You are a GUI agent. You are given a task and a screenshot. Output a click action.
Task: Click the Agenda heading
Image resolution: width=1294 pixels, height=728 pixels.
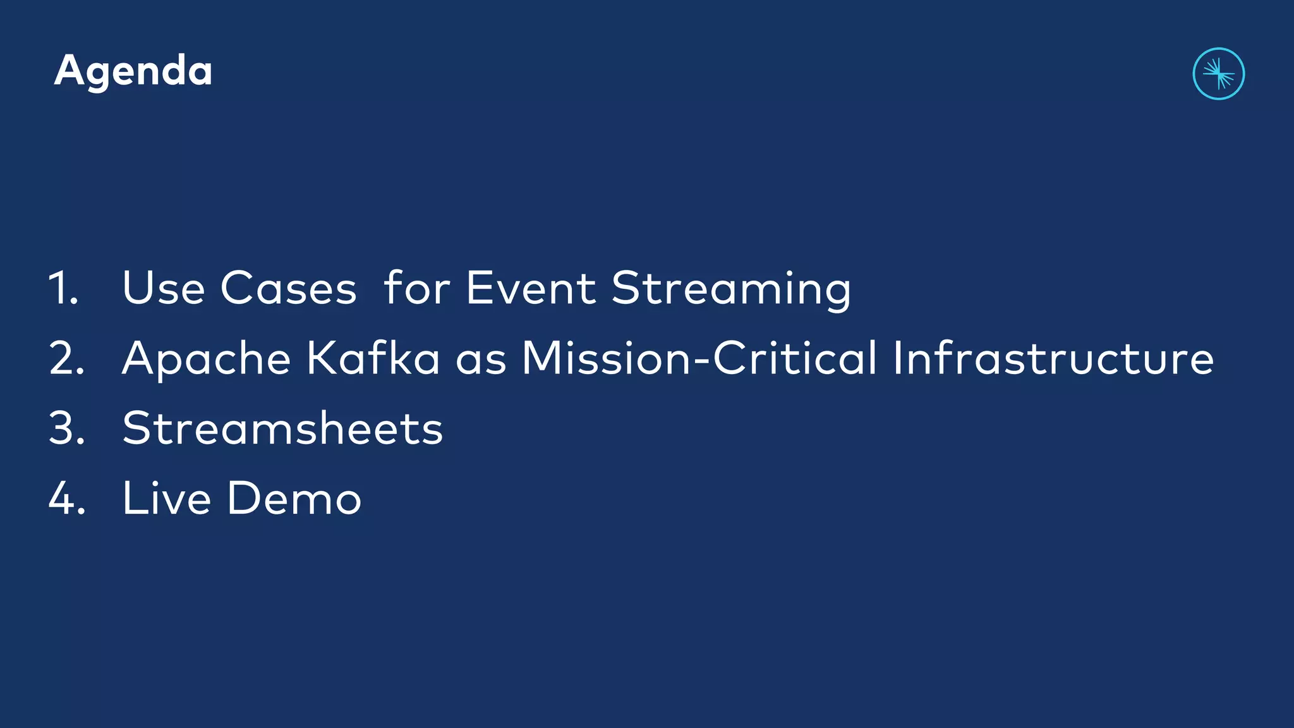click(x=133, y=71)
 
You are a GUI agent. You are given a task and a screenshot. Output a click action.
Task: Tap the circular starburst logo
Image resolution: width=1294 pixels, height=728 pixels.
click(x=1218, y=74)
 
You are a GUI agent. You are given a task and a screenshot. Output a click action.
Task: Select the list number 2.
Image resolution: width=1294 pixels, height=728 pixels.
click(x=66, y=359)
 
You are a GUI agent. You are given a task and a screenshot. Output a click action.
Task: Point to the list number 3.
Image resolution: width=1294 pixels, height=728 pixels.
click(x=66, y=428)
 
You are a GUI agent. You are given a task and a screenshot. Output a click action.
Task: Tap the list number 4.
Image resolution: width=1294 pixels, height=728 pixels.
click(x=66, y=499)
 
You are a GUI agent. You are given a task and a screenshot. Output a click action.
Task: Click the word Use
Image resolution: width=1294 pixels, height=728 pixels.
click(x=164, y=289)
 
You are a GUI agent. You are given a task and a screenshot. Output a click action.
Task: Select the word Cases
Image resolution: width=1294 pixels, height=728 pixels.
click(x=289, y=289)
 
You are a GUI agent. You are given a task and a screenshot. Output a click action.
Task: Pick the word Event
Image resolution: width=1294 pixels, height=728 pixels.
click(x=531, y=289)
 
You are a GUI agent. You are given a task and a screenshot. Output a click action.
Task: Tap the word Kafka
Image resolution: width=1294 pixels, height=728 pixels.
click(x=373, y=358)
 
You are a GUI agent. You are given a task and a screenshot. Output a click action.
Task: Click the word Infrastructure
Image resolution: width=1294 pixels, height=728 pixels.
click(x=1053, y=358)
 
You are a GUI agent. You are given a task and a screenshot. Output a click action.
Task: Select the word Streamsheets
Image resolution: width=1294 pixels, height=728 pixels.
click(x=282, y=428)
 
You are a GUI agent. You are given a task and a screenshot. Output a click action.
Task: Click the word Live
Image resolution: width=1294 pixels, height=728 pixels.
click(x=166, y=499)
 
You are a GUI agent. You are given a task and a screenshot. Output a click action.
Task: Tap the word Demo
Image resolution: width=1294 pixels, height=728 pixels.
click(x=294, y=499)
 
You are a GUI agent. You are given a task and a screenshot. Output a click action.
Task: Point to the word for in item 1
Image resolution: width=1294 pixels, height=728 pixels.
click(x=416, y=289)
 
